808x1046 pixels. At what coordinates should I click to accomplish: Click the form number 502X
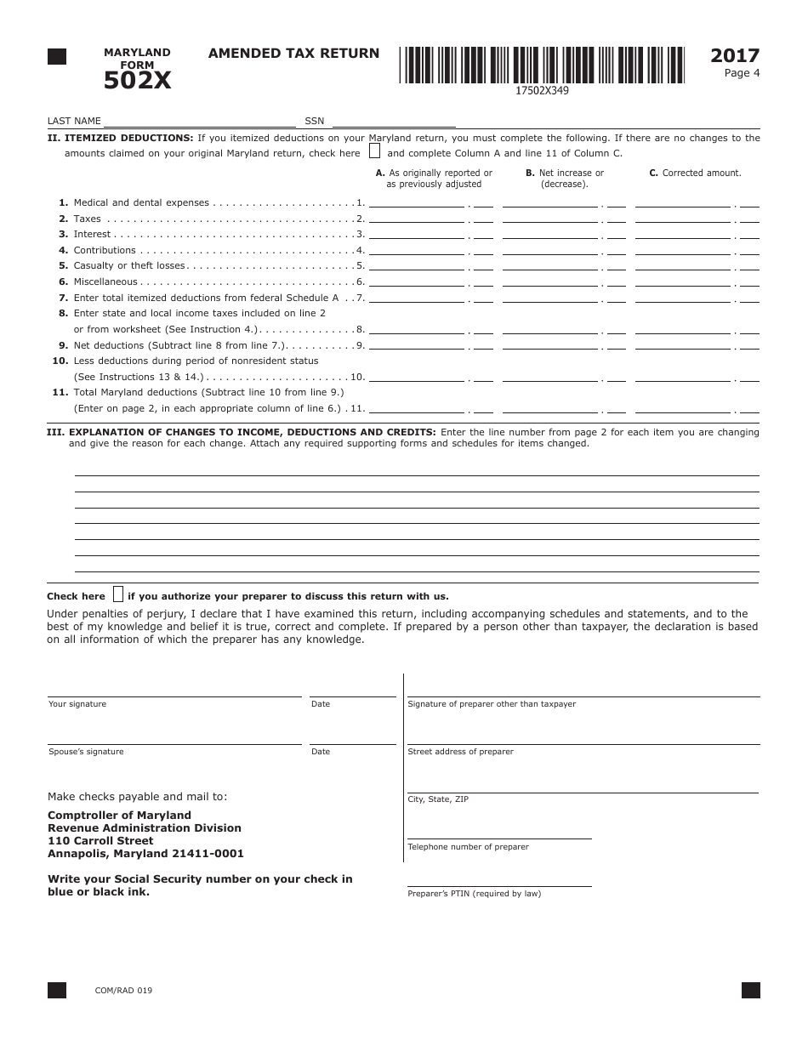point(137,81)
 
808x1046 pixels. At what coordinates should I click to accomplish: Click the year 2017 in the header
point(735,56)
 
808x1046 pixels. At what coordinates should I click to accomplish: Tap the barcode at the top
point(542,65)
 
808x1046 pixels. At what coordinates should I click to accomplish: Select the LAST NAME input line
point(199,121)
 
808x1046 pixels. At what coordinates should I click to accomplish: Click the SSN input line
point(393,121)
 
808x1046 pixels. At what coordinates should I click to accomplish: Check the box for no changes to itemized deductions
point(374,152)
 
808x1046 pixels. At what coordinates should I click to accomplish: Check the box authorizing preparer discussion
point(118,594)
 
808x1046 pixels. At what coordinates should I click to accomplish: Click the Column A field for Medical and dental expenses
point(418,202)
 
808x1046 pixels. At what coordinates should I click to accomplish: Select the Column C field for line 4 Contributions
point(683,250)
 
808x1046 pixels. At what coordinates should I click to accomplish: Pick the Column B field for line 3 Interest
point(550,234)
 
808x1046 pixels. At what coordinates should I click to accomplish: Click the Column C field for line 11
point(683,408)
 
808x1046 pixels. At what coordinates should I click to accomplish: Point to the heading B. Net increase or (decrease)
point(564,178)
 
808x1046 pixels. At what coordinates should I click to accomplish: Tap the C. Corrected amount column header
point(695,173)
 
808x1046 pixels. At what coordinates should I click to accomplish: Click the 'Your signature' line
point(174,691)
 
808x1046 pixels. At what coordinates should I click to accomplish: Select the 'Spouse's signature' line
point(174,738)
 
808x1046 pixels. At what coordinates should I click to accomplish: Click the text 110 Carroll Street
point(100,841)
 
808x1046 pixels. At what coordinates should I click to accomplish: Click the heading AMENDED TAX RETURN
point(293,54)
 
